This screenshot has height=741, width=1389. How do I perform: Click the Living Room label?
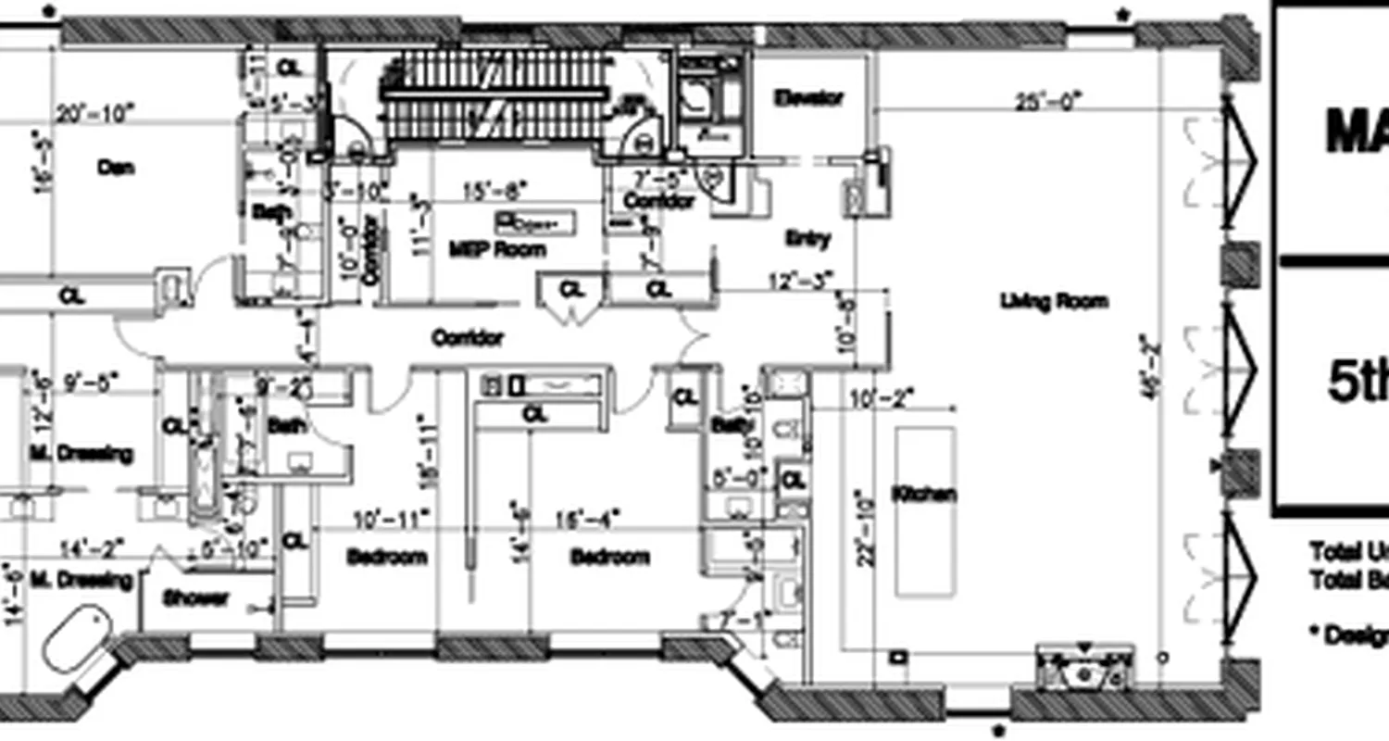(x=1054, y=301)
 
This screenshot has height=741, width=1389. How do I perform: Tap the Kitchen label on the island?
(x=924, y=495)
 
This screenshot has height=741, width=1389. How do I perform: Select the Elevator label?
(x=810, y=97)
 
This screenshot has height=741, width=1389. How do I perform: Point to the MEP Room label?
(x=497, y=249)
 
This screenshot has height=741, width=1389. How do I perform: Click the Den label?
(x=117, y=168)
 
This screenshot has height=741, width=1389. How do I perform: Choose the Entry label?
(x=807, y=238)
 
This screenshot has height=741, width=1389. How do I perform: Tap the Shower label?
(x=196, y=598)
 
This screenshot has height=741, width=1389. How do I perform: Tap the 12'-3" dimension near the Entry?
(x=801, y=279)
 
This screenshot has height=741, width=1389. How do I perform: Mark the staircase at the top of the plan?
(x=494, y=95)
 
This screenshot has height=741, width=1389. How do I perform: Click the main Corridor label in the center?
(x=468, y=338)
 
